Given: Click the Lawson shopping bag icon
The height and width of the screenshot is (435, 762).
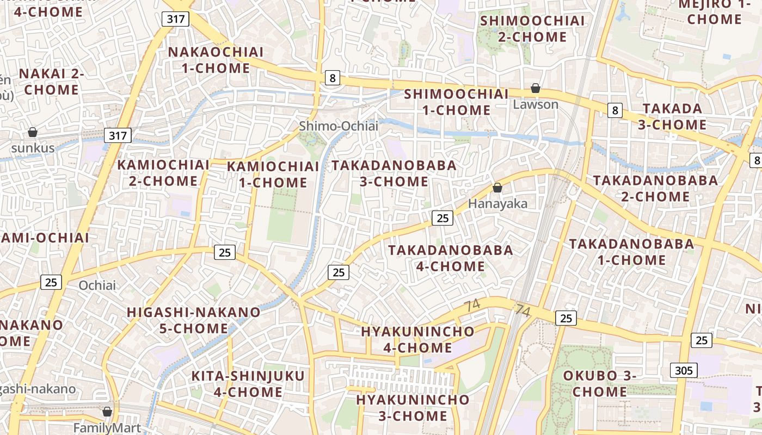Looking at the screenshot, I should pyautogui.click(x=536, y=88).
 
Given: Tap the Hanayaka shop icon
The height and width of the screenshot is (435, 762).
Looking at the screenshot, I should pyautogui.click(x=497, y=188).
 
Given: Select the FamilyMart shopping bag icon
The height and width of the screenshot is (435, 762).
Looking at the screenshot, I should pyautogui.click(x=107, y=412).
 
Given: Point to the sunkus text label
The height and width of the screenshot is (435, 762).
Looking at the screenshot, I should pyautogui.click(x=33, y=148).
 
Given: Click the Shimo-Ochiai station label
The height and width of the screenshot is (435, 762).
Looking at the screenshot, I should pyautogui.click(x=338, y=126).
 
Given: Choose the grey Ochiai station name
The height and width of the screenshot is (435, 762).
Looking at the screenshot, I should pyautogui.click(x=97, y=285).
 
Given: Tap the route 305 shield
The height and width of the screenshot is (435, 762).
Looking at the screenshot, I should pyautogui.click(x=683, y=371).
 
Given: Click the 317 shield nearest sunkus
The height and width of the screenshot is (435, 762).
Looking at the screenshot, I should pyautogui.click(x=118, y=135).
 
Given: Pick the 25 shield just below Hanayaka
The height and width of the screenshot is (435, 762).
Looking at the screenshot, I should pyautogui.click(x=443, y=218).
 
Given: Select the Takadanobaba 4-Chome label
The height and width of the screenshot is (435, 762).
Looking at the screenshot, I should pyautogui.click(x=450, y=258).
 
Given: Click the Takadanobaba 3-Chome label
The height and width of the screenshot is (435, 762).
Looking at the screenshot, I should pyautogui.click(x=394, y=173).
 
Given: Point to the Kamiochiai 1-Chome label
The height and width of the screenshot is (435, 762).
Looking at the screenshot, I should pyautogui.click(x=273, y=175).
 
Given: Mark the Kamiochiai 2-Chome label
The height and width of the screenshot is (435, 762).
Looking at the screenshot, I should pyautogui.click(x=163, y=173).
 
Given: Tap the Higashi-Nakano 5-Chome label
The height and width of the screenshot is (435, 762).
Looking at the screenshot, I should pyautogui.click(x=194, y=320).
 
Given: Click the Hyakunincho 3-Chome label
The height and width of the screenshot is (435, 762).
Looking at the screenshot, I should pyautogui.click(x=413, y=408).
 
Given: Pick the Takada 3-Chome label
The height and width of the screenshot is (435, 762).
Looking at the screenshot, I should pyautogui.click(x=672, y=116).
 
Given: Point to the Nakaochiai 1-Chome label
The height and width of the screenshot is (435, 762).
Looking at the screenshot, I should pyautogui.click(x=216, y=60).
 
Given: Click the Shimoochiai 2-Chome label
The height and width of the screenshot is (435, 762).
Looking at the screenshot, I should pyautogui.click(x=533, y=29).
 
